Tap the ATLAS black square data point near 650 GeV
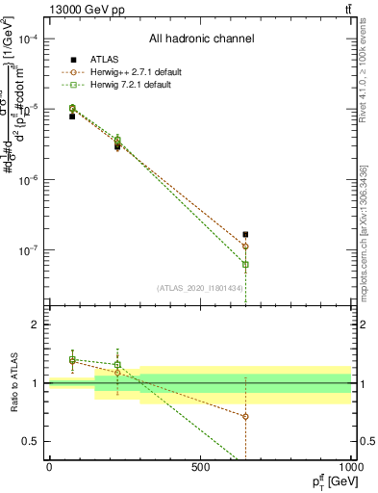tap(245, 234)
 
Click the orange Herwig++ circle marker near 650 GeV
tap(245, 246)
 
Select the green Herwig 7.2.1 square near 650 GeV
tap(245, 264)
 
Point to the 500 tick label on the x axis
tap(200, 467)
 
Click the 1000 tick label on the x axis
tap(350, 467)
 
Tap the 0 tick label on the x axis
tap(49, 467)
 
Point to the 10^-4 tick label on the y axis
tap(28, 39)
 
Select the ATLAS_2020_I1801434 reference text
tap(200, 286)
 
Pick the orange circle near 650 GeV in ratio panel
tap(245, 416)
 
